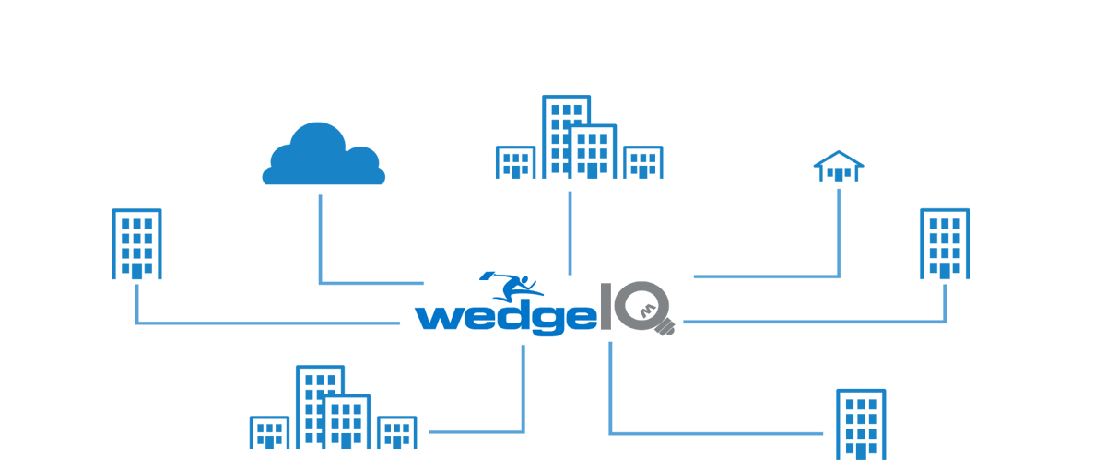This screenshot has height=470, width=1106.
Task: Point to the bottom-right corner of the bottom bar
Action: (x=885, y=458)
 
